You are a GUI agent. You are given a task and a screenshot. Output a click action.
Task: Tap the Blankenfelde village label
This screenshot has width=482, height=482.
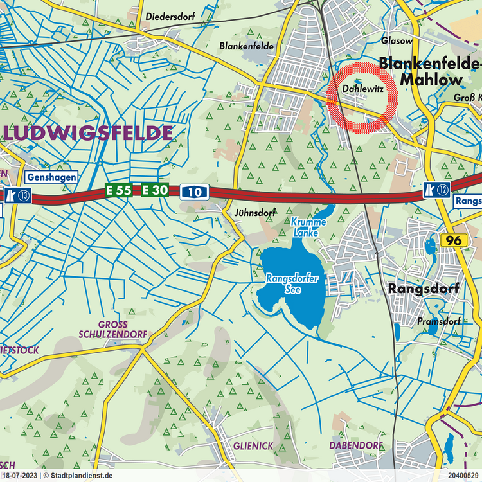coord(246,46)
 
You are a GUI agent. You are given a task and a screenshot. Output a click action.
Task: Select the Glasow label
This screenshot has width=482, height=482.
coord(397,40)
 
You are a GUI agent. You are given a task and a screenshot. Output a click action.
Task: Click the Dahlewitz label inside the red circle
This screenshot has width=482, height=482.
coord(363,90)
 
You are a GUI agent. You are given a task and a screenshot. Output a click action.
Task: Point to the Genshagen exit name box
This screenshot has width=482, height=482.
coord(52,177)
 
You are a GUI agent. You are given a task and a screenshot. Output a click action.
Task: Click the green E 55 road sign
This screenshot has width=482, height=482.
coord(119,190)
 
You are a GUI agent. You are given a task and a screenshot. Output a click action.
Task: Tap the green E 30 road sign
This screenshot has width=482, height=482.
coord(155,190)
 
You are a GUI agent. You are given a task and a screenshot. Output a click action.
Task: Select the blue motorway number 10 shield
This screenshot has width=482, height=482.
coord(194,191)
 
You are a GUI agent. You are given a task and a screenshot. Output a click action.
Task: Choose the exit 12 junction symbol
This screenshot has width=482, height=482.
coord(436,188)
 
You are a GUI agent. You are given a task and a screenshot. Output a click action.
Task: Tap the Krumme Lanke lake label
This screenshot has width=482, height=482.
coord(308,227)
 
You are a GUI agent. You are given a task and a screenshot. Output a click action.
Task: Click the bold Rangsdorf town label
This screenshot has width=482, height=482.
coord(424,289)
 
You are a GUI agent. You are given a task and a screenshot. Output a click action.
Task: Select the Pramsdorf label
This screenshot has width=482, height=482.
coord(438,321)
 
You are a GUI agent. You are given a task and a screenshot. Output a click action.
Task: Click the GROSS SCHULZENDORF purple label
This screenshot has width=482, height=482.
coord(113,330)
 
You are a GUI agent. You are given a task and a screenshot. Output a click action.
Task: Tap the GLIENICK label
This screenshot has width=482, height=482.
coord(254,445)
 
